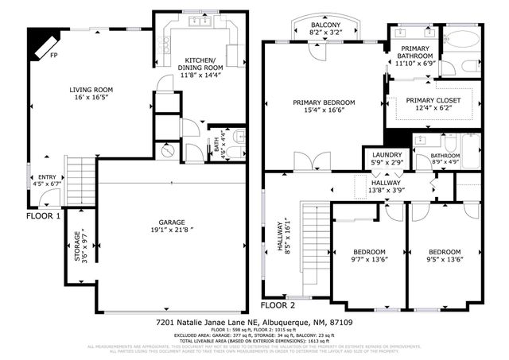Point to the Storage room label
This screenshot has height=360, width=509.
coord(77,246)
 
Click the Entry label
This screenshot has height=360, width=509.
coord(37,178)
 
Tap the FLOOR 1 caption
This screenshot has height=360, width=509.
coord(44,215)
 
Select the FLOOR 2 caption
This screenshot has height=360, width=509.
coord(278,304)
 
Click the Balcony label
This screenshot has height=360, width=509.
coord(325,25)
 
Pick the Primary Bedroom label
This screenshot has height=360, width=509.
coord(323,103)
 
